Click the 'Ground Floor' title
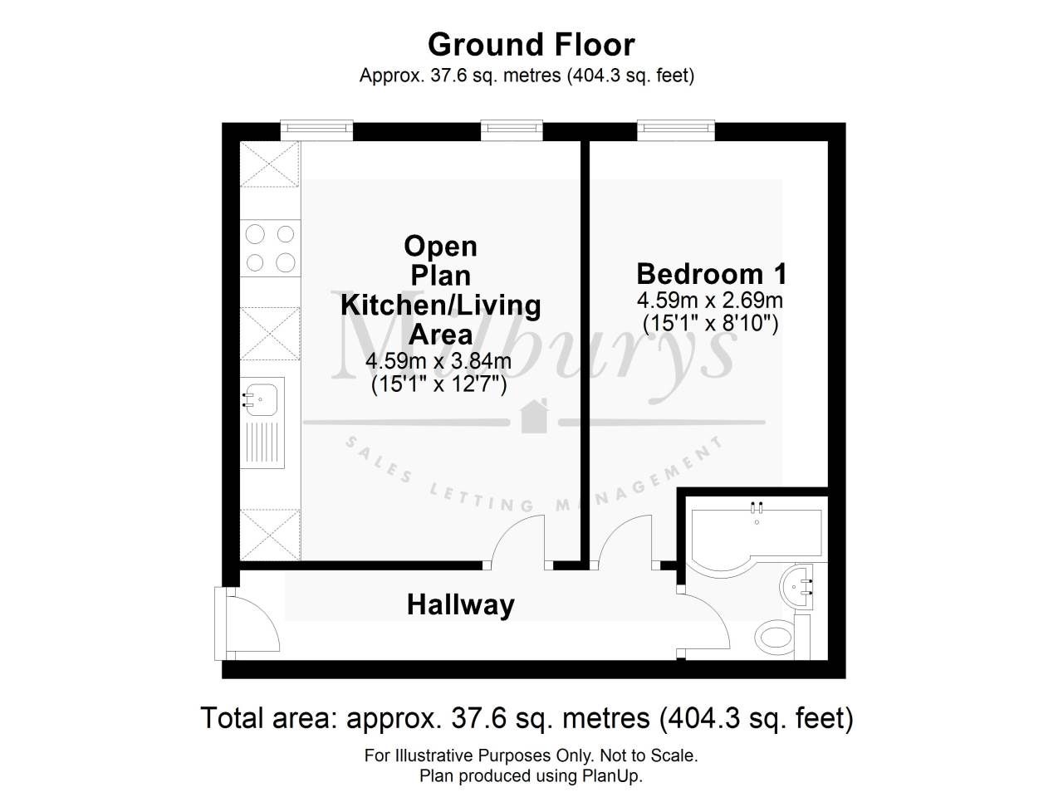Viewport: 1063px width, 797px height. [531, 43]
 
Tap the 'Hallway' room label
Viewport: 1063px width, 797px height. [460, 604]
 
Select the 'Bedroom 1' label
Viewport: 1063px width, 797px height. [712, 273]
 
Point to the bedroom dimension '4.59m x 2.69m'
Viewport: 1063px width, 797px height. [710, 300]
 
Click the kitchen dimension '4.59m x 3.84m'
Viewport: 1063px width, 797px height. [438, 361]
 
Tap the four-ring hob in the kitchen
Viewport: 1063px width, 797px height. [271, 248]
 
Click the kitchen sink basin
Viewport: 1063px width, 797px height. [262, 399]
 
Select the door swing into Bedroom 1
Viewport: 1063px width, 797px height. [625, 540]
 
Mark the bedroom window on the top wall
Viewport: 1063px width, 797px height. [675, 129]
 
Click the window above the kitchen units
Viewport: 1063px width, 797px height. [316, 129]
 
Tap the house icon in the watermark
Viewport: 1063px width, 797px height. [533, 417]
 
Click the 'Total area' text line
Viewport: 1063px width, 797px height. [527, 717]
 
